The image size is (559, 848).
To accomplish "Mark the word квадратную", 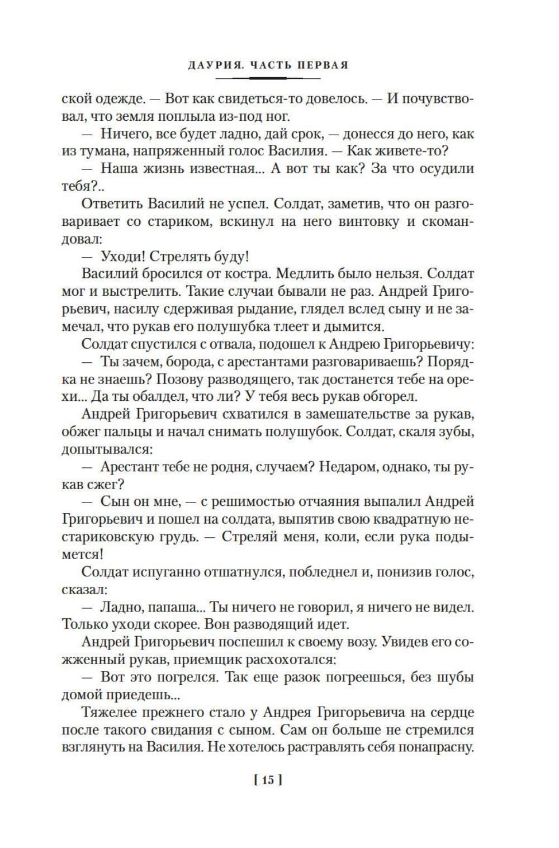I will pos(406,519).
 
